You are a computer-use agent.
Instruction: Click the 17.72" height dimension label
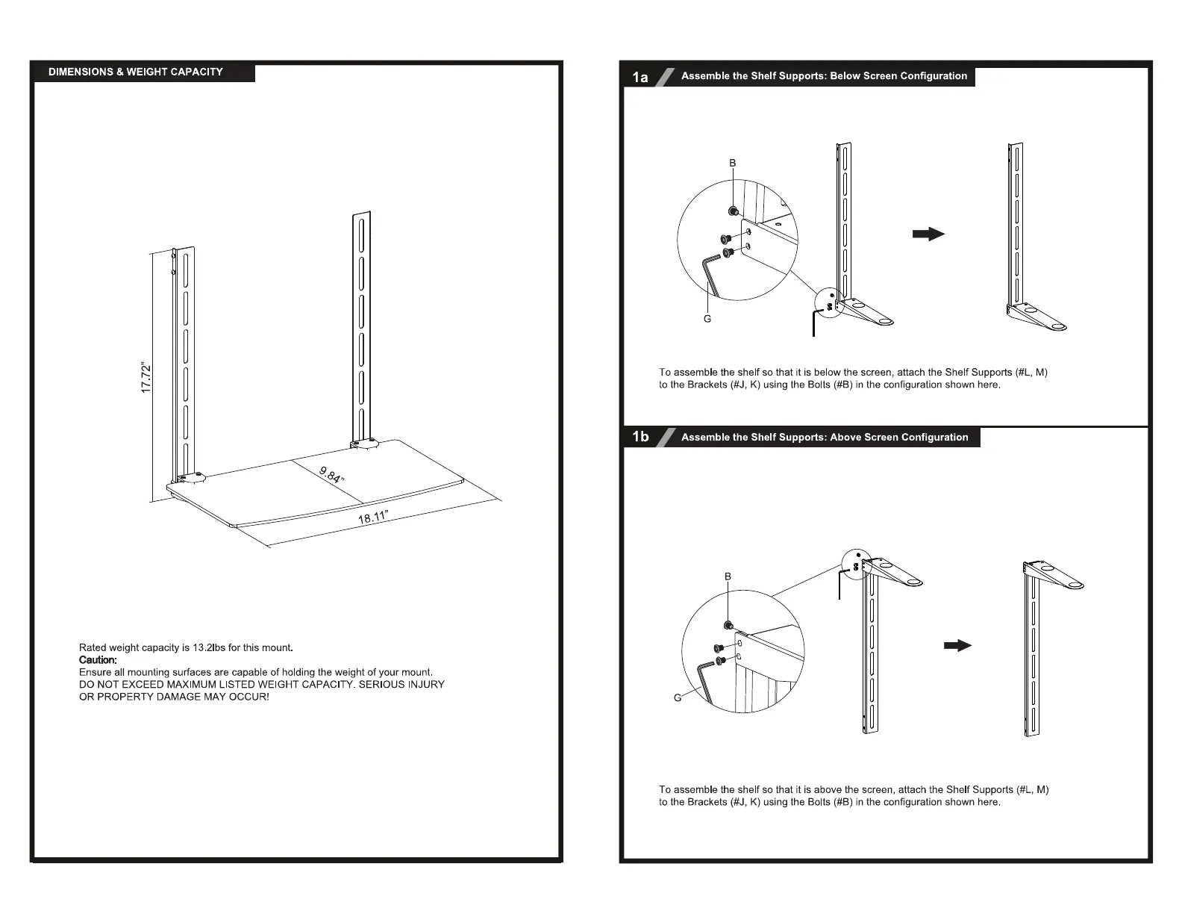point(147,379)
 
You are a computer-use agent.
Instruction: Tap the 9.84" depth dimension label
point(332,475)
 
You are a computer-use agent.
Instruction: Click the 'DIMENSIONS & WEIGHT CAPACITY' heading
point(136,72)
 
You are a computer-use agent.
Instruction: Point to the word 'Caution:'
point(98,660)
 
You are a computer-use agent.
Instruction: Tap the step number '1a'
point(640,77)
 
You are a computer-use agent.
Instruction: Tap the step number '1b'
point(640,437)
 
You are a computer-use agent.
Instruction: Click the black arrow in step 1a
point(928,234)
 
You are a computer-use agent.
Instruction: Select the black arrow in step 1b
point(957,645)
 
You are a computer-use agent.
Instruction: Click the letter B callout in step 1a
point(733,163)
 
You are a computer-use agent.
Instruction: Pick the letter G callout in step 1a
point(707,319)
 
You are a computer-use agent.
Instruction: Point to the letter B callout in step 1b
point(728,576)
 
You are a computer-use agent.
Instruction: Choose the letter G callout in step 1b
point(678,698)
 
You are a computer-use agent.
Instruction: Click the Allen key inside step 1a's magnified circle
point(711,273)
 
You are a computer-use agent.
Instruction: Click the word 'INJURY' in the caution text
point(425,684)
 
